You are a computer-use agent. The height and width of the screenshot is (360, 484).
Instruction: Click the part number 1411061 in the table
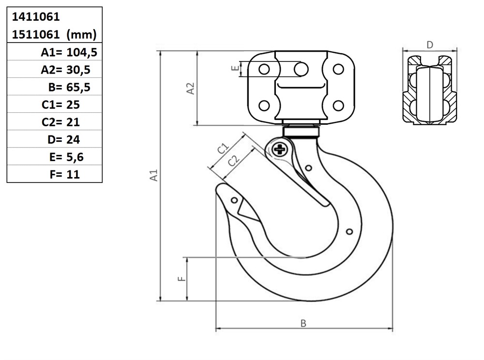(36, 16)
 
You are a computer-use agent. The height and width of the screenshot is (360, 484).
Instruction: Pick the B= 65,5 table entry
(69, 87)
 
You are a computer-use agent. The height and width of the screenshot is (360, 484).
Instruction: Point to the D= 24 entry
(64, 140)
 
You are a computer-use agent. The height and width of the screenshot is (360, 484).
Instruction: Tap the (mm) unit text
(81, 34)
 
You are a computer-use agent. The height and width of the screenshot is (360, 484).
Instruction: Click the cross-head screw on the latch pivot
(280, 150)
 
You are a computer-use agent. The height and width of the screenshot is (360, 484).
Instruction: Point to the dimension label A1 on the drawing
(154, 175)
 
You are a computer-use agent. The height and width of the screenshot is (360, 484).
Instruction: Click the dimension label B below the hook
(303, 323)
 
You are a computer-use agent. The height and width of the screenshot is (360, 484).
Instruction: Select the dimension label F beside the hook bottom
(182, 279)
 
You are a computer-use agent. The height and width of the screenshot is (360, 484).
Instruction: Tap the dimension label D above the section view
(430, 45)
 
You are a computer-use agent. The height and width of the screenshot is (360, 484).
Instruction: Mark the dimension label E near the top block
(235, 68)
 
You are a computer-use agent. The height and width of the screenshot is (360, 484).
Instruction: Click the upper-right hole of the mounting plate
(339, 69)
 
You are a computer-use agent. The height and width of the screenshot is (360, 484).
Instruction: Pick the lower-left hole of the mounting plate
(264, 106)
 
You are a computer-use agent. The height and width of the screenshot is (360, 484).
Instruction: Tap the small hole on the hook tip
(234, 200)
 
